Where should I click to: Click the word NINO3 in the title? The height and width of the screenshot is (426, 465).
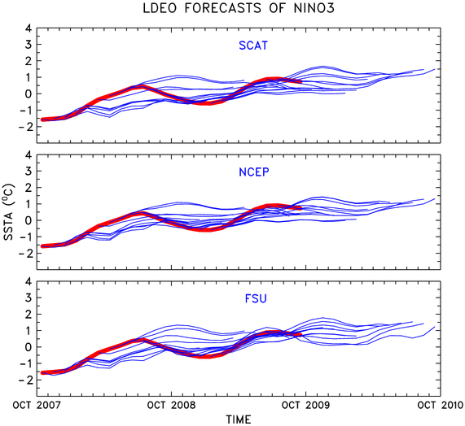[314, 8]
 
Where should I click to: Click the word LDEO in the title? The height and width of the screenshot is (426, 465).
[160, 8]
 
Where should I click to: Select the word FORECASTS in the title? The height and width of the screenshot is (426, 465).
[222, 8]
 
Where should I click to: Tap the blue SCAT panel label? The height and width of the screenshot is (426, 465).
[253, 46]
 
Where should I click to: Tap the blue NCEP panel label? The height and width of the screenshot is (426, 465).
[254, 172]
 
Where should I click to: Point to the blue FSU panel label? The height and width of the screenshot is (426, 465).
[256, 298]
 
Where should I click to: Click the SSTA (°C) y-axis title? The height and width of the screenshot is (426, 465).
[9, 212]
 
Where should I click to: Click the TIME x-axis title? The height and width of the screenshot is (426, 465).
[239, 419]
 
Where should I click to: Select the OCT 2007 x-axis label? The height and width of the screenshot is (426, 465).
[37, 405]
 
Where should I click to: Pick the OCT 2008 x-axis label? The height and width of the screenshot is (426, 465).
[171, 405]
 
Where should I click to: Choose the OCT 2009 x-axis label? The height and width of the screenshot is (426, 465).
[305, 405]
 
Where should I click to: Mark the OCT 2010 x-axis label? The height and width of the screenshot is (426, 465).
[441, 405]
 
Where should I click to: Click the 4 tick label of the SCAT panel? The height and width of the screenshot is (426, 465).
[29, 28]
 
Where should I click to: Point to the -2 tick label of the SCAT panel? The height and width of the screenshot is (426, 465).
[25, 127]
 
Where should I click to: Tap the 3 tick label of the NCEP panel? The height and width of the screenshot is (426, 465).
[29, 171]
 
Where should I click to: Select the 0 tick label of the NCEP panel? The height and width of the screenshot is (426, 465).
[29, 220]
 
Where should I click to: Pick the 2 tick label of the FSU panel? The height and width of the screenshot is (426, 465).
[29, 314]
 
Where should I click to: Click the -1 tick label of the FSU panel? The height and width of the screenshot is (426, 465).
[25, 363]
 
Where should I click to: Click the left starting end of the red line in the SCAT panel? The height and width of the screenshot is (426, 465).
[42, 120]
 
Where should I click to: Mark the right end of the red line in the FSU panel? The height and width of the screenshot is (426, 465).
[300, 335]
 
